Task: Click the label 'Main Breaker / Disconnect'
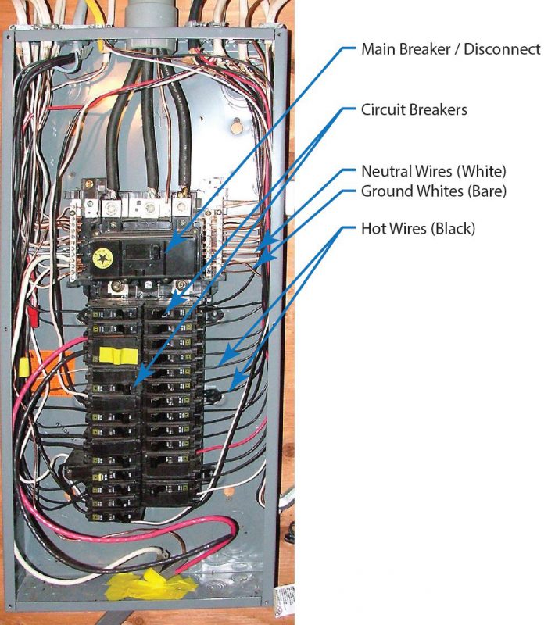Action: [x=450, y=49]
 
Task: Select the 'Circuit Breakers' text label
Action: [x=414, y=109]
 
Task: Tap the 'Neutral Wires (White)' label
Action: [x=434, y=171]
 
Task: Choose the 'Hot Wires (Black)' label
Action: [x=417, y=229]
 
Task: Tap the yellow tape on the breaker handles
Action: [x=116, y=356]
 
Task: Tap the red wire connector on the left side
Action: [x=34, y=315]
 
